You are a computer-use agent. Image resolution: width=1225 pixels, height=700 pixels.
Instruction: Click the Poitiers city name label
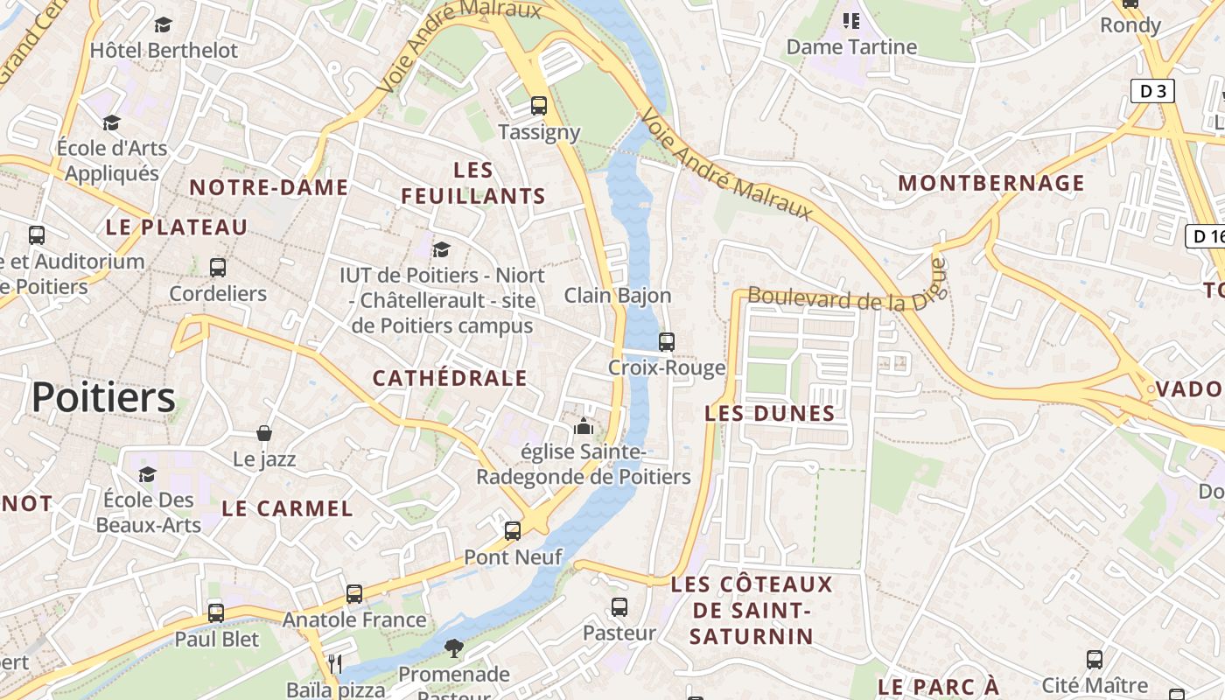pos(103,398)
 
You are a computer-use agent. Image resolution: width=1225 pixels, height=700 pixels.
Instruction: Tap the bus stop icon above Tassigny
pos(539,106)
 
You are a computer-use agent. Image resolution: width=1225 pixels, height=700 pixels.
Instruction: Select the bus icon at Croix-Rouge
pos(667,342)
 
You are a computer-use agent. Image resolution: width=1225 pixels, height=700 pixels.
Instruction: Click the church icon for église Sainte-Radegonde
pos(583,427)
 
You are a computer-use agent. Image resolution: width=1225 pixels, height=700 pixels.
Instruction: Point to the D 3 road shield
pos(1151,91)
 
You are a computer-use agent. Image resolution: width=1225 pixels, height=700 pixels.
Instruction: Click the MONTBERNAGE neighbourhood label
pos(991,183)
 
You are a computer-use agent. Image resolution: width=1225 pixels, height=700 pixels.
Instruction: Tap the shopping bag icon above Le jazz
pos(264,433)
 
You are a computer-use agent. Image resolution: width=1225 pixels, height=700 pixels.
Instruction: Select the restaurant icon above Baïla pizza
pos(334,664)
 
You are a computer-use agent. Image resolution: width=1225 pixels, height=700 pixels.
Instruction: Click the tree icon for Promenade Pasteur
pos(453,648)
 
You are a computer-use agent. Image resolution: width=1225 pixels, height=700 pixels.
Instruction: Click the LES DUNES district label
pos(770,413)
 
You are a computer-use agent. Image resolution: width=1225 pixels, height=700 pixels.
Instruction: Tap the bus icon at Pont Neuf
pos(513,531)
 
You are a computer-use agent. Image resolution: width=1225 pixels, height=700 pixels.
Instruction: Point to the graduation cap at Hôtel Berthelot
pos(163,24)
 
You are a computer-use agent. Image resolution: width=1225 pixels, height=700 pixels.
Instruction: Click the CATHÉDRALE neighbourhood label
pos(450,378)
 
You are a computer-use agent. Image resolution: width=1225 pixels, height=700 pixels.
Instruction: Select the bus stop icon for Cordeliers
pos(218,268)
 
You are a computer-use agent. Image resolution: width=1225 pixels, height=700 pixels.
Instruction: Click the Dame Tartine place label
pos(851,47)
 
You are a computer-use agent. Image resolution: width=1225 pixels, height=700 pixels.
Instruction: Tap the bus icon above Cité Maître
pos(1095,659)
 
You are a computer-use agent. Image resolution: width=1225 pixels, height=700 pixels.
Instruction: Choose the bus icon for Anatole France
pos(354,594)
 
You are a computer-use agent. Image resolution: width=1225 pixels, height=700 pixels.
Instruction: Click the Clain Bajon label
pos(618,295)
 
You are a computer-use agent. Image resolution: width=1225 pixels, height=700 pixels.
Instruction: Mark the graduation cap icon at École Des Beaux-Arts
pos(147,474)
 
